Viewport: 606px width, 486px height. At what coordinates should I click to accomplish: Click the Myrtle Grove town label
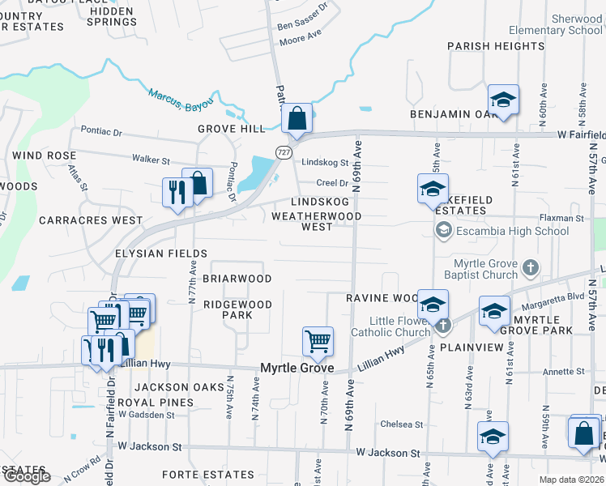[x=297, y=369]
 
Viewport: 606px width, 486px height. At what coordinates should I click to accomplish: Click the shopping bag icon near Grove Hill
[x=297, y=118]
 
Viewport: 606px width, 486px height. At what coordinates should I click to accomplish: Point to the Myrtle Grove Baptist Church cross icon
[x=530, y=266]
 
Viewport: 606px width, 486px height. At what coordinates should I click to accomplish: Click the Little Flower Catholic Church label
[x=390, y=326]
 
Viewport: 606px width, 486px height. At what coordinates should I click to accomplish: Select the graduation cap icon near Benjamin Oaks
[x=503, y=100]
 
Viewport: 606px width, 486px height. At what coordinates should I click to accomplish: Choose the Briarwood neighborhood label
[x=237, y=278]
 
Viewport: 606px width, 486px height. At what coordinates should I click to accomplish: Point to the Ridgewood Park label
[x=237, y=309]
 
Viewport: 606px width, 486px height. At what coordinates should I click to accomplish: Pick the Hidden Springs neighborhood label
[x=112, y=16]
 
